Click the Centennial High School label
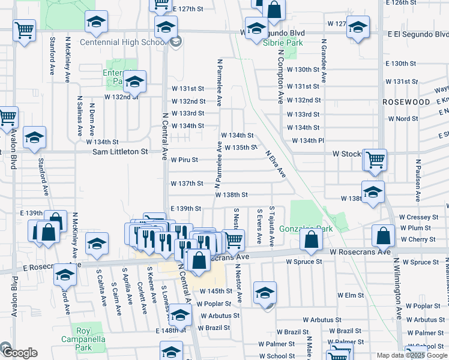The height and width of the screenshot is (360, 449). tap(122, 43)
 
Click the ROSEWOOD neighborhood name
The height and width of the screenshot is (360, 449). tap(406, 102)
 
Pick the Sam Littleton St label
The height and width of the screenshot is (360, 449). tap(120, 152)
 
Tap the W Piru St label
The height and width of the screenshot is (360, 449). tap(184, 160)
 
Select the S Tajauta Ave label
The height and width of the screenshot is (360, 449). tap(272, 227)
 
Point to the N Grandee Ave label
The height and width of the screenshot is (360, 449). tap(324, 64)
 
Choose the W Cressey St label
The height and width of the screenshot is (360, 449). tap(419, 217)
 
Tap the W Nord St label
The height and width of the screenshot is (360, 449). tap(403, 119)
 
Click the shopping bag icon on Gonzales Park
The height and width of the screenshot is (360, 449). tap(311, 239)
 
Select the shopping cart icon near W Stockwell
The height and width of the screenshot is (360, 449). tap(375, 160)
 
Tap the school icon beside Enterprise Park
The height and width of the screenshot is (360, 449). tap(134, 82)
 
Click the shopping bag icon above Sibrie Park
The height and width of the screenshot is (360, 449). tap(274, 9)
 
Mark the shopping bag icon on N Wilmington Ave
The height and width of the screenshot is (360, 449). tap(383, 235)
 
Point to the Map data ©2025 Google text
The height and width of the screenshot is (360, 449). tap(411, 355)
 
